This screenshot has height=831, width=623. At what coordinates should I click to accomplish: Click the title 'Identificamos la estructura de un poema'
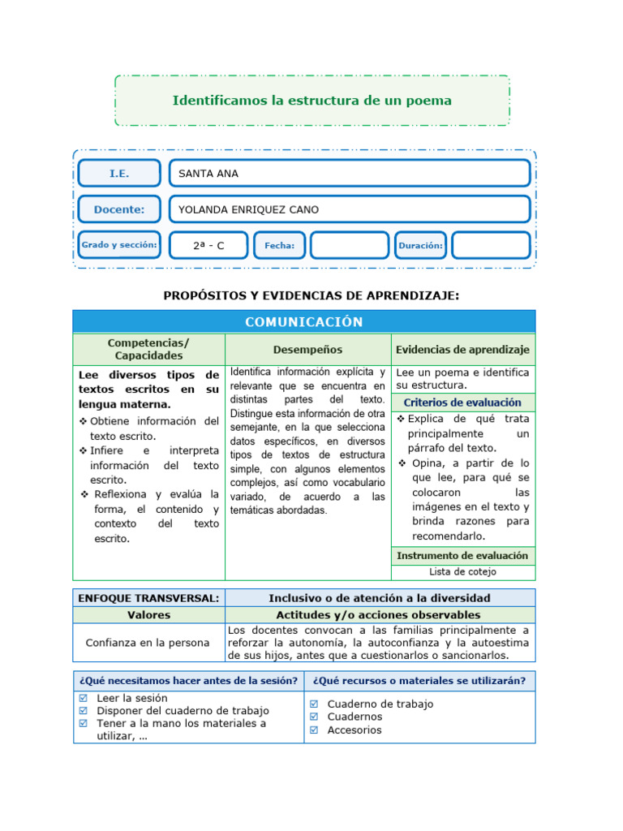(311, 101)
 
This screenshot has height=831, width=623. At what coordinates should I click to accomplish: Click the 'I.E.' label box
(119, 174)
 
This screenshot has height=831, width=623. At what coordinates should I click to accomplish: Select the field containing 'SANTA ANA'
(349, 174)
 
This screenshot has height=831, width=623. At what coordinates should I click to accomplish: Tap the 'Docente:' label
(119, 209)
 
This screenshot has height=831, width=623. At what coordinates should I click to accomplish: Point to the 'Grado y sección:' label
(119, 245)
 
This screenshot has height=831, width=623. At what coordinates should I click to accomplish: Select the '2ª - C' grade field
(208, 245)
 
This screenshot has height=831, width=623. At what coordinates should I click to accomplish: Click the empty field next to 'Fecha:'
(350, 245)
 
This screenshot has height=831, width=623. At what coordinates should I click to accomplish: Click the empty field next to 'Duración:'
(490, 245)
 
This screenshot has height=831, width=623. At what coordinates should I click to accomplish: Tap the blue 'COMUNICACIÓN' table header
(304, 321)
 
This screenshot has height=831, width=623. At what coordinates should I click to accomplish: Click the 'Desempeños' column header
(307, 350)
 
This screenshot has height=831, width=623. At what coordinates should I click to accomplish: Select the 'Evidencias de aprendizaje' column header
(462, 350)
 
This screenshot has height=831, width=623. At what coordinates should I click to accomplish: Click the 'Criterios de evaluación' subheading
(462, 403)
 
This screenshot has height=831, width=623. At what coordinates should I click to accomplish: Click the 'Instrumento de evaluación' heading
(462, 556)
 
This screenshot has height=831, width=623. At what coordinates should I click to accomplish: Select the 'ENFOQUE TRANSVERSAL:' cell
(148, 598)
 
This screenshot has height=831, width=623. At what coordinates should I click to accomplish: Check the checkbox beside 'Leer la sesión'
(83, 698)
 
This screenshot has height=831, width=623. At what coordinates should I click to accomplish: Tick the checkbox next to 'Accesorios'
(314, 730)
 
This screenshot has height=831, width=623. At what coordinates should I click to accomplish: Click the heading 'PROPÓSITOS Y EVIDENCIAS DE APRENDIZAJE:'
(311, 295)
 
